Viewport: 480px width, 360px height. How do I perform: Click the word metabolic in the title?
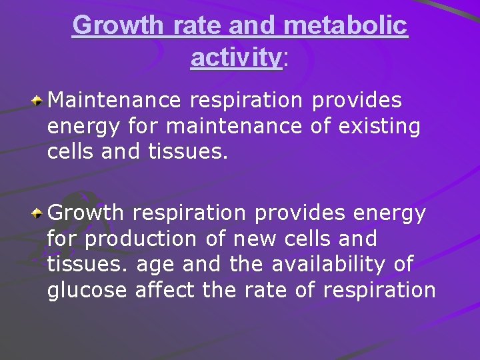[345, 25]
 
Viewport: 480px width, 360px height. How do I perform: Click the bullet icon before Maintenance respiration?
[39, 101]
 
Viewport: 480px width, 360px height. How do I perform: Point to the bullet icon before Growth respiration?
[39, 214]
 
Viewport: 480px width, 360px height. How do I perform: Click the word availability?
[330, 264]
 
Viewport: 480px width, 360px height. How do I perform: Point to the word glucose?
[87, 290]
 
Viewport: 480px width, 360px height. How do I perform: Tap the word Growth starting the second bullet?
[87, 213]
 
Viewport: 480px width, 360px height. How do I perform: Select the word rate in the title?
[202, 25]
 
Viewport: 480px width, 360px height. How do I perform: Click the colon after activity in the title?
[286, 59]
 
